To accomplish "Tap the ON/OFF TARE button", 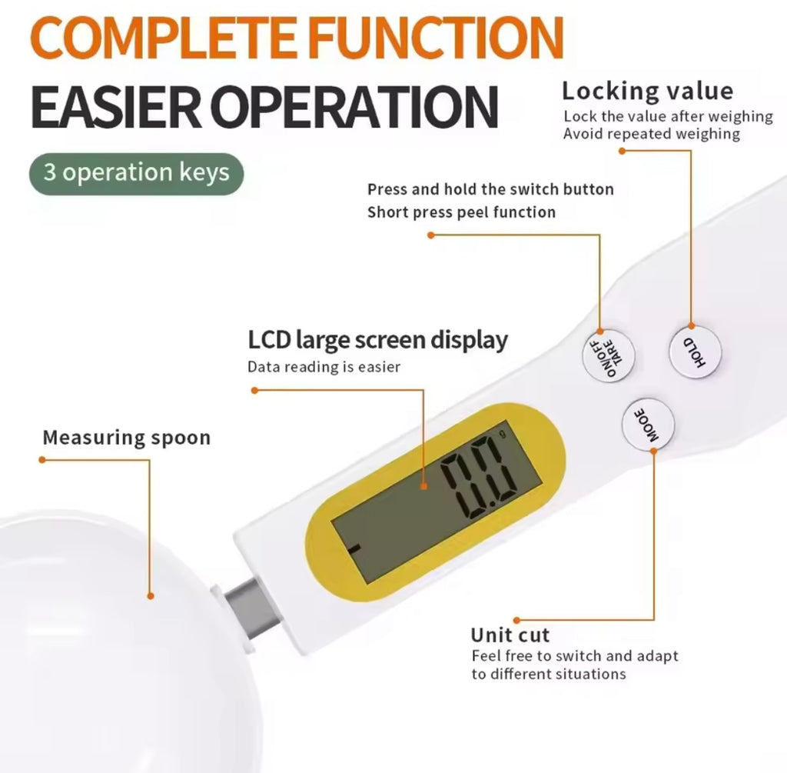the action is point(609,355).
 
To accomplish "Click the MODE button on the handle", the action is point(647,425).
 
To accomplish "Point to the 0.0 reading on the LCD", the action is point(480,478).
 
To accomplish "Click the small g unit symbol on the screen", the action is point(503,434).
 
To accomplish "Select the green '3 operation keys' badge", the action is point(137,173).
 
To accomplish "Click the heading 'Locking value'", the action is point(647,91).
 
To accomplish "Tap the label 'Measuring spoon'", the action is point(127,438).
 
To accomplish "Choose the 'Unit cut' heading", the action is point(510,635).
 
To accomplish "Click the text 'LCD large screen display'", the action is point(377,340).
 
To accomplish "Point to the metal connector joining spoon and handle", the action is point(252,608).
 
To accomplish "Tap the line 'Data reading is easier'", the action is point(324,367).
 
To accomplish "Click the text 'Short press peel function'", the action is point(461,212).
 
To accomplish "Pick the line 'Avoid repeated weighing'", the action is point(651,134).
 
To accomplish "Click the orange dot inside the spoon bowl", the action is point(151,596).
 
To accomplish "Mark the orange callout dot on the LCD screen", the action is point(424,486).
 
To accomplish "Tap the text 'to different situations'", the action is point(549,674).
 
